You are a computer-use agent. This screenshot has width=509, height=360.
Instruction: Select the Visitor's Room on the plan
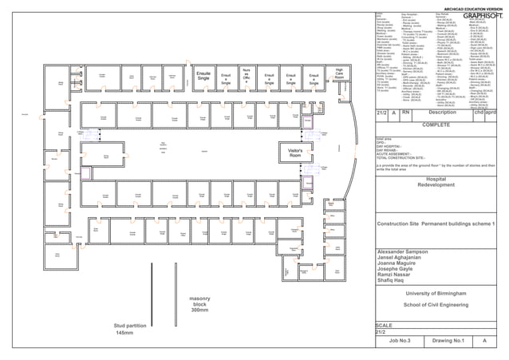288,152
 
